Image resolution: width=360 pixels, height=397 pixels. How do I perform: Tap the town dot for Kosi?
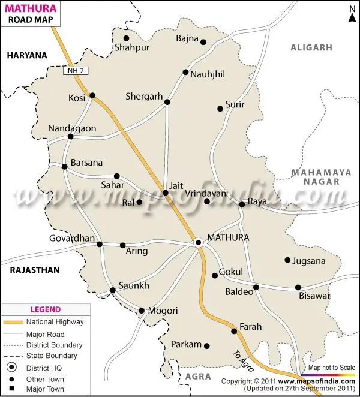pyautogui.click(x=92, y=95)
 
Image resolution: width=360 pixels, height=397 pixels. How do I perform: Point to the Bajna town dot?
pyautogui.click(x=203, y=42)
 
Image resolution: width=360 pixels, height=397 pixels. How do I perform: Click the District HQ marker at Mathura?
pyautogui.click(x=198, y=242)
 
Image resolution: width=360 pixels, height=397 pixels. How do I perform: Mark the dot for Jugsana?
pyautogui.click(x=287, y=260)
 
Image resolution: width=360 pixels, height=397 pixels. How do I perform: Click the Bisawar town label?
pyautogui.click(x=315, y=296)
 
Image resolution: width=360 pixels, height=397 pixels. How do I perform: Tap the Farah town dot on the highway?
pyautogui.click(x=235, y=331)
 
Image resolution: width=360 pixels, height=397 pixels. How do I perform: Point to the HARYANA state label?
pyautogui.click(x=26, y=55)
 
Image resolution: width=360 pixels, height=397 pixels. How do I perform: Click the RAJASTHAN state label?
pyautogui.click(x=35, y=270)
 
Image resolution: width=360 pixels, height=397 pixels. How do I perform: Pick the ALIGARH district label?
pyautogui.click(x=311, y=47)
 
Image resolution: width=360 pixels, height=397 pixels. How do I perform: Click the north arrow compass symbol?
pyautogui.click(x=351, y=13)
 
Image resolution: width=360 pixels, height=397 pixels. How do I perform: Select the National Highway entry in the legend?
pyautogui.click(x=55, y=322)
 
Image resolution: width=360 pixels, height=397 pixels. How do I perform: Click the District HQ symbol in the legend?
pyautogui.click(x=12, y=368)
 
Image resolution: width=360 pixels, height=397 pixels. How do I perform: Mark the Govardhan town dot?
pyautogui.click(x=100, y=244)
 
